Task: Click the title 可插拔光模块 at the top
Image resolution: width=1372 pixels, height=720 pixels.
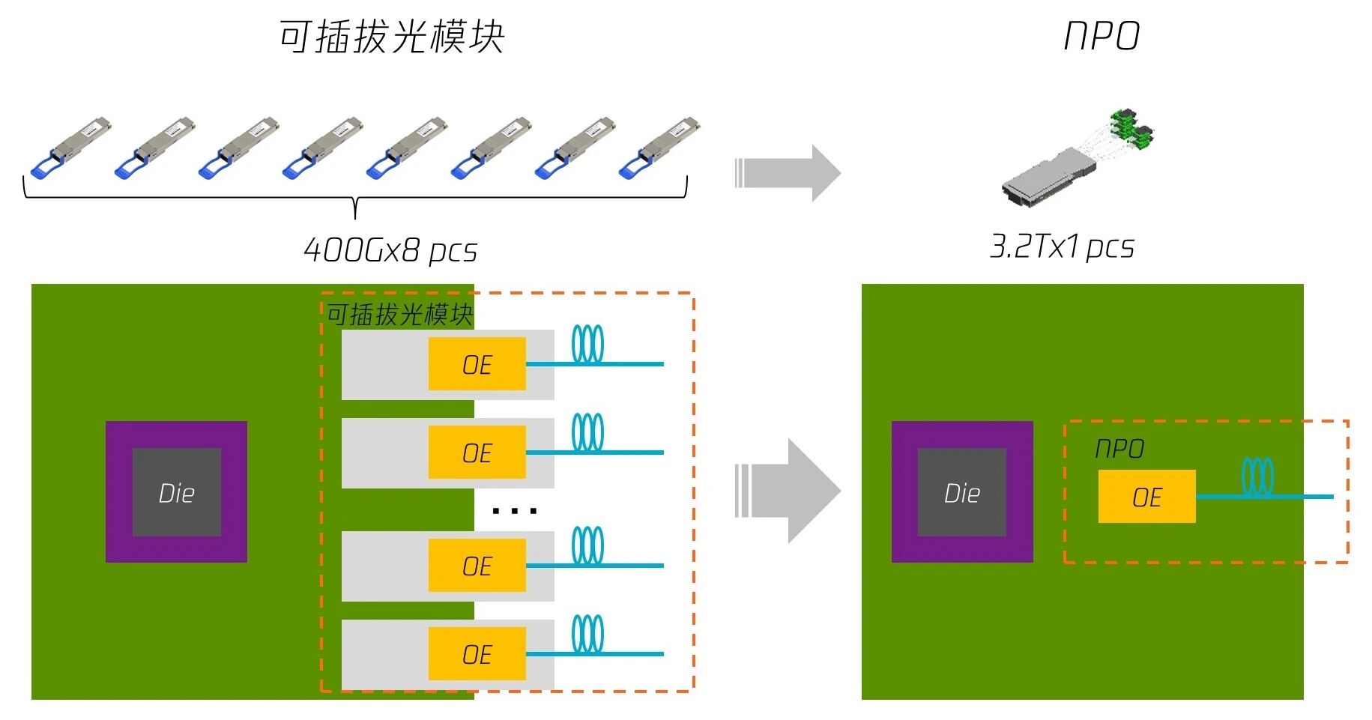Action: [391, 37]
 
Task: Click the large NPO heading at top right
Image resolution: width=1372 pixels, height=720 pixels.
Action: [1101, 37]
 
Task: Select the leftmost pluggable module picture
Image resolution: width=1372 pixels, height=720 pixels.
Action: [69, 147]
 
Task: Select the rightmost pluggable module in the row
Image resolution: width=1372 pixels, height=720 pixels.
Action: [659, 147]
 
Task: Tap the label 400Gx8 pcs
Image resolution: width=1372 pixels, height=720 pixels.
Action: [390, 250]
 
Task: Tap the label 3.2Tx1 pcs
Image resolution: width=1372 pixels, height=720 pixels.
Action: [1062, 246]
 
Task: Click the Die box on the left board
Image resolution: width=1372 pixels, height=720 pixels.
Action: [177, 492]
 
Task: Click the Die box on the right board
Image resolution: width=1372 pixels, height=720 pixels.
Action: [962, 492]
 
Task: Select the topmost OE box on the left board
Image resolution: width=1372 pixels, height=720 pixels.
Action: [477, 364]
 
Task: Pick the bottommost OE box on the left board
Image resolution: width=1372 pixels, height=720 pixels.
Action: [477, 654]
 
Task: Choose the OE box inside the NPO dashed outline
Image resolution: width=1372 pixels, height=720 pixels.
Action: [1146, 497]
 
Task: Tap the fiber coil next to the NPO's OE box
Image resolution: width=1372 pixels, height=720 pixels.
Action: [1257, 477]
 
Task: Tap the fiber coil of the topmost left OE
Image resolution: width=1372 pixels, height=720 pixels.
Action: [587, 345]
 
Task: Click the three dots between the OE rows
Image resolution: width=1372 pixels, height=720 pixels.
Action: [514, 512]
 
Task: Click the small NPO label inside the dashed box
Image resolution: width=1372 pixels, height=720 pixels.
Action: [1119, 449]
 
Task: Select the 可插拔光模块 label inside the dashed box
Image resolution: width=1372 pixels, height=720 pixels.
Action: [399, 315]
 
